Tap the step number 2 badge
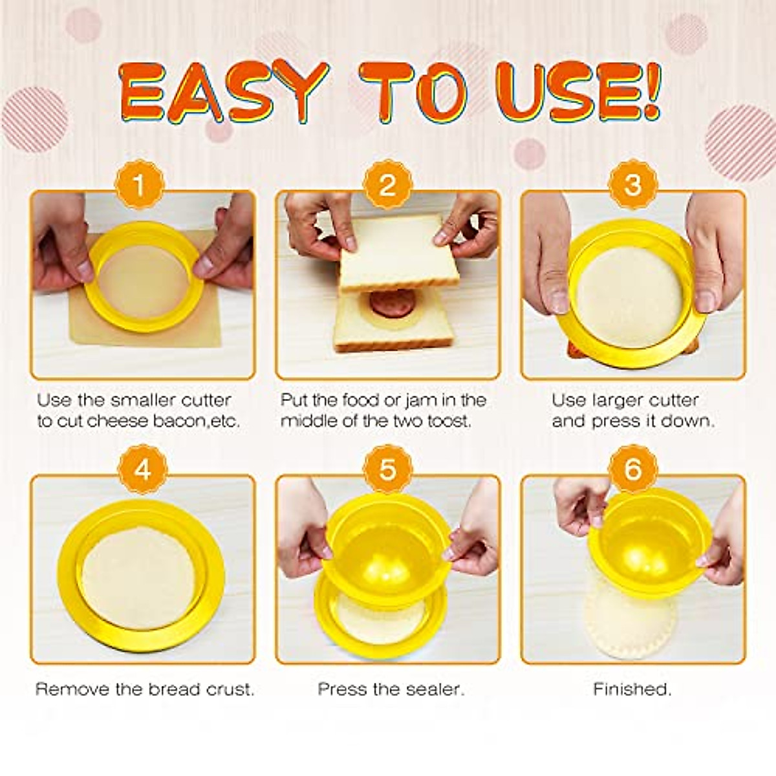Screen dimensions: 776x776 (387, 186)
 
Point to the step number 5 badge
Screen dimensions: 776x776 (387, 469)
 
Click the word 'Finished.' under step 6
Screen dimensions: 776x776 (632, 689)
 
